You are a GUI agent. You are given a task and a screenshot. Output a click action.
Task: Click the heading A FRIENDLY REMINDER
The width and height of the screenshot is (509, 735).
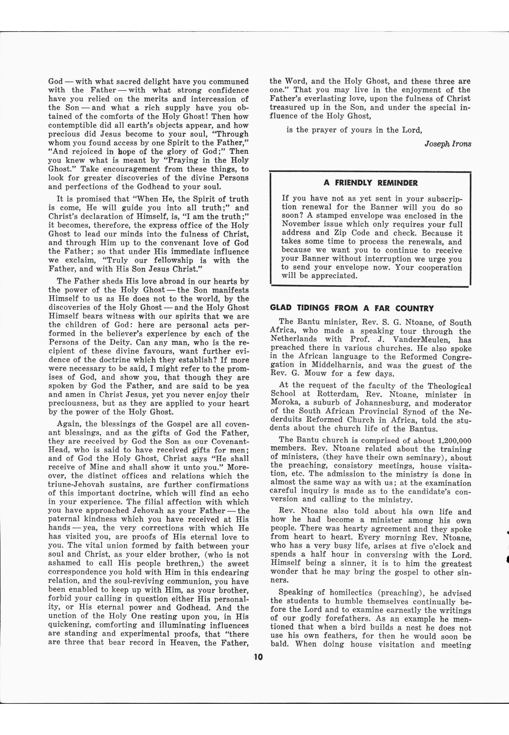click(370, 183)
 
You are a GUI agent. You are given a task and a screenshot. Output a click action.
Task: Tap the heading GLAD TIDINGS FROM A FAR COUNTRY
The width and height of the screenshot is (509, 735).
click(352, 308)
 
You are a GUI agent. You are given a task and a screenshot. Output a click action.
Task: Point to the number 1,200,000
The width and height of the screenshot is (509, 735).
click(455, 441)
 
